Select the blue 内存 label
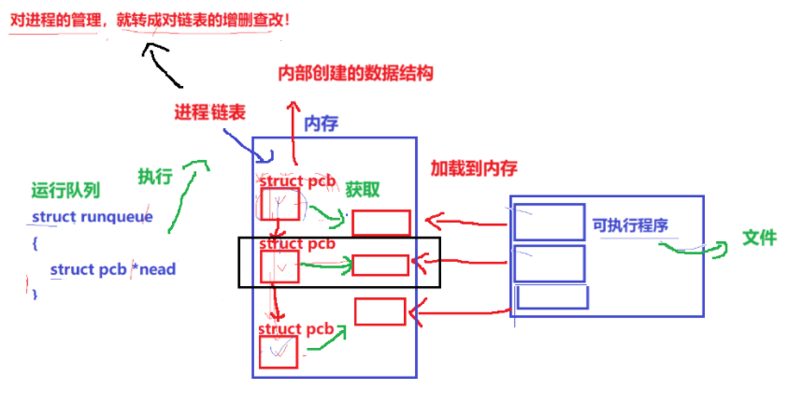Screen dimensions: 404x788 (321, 123)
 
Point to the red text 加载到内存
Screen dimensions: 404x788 (473, 168)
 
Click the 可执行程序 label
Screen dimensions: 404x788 (630, 225)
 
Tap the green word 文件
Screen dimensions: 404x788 (759, 238)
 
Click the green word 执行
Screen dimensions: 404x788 (154, 176)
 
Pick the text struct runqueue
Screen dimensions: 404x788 (92, 217)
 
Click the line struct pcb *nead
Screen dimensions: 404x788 (112, 269)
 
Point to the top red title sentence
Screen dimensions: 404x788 (150, 19)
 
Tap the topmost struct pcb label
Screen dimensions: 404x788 (296, 180)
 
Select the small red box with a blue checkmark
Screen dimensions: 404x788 (279, 351)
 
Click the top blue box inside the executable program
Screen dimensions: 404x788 (549, 220)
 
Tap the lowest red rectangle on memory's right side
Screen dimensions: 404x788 (380, 311)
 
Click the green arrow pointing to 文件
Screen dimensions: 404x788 (696, 248)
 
